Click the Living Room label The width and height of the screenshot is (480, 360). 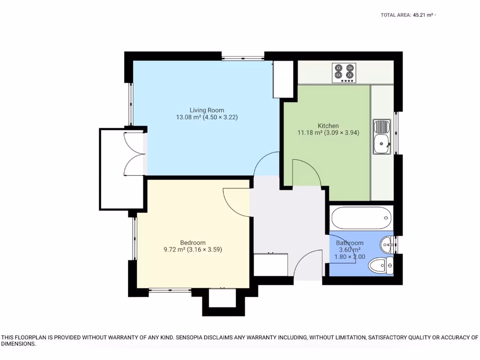tap(207, 110)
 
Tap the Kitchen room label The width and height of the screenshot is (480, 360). tap(328, 126)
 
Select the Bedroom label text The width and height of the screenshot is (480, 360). tap(193, 242)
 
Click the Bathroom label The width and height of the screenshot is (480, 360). tap(349, 243)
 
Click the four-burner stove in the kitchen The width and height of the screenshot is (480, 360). tap(344, 73)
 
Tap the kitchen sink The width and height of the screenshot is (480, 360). tap(382, 136)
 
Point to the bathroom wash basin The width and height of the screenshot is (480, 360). tap(387, 243)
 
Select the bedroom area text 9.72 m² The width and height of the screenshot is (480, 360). tap(174, 250)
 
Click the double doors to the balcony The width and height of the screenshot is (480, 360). tap(134, 153)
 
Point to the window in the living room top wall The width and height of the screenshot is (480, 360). tap(242, 58)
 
